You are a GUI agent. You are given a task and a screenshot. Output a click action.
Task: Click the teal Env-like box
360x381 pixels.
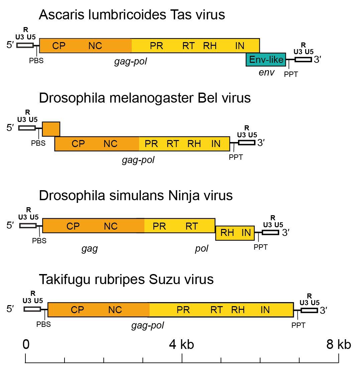click(x=266, y=60)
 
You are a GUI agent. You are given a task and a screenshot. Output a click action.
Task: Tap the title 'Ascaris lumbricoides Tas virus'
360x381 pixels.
click(x=132, y=15)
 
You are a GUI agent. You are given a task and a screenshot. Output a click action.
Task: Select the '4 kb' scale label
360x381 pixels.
click(x=182, y=344)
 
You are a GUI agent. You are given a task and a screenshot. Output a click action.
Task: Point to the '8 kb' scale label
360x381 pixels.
click(x=339, y=344)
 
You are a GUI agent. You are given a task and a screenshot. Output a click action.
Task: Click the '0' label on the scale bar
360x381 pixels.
click(x=26, y=344)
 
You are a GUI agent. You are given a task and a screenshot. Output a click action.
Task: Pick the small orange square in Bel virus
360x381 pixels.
click(x=51, y=129)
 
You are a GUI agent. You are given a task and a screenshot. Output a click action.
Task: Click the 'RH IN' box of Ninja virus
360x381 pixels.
click(x=235, y=233)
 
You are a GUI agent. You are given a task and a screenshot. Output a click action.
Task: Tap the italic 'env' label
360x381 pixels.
click(x=266, y=73)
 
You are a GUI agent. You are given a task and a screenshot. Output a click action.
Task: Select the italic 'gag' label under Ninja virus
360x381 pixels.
click(x=90, y=248)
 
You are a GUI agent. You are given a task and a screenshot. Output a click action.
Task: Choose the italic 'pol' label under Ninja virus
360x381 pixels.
click(x=202, y=248)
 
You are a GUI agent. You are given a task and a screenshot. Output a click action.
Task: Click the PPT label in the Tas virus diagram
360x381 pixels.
click(x=291, y=75)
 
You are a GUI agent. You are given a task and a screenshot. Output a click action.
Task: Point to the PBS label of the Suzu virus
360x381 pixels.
click(x=43, y=324)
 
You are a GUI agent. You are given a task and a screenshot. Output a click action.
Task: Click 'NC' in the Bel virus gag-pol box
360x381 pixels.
click(x=110, y=144)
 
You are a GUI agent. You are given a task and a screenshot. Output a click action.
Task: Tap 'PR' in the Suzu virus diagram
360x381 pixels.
click(x=183, y=310)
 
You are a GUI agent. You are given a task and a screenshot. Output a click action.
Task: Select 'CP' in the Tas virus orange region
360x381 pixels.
click(x=59, y=46)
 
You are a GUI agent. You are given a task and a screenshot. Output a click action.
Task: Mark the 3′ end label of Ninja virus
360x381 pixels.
click(x=285, y=233)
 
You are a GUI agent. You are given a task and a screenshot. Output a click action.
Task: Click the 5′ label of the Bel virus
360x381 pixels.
click(x=10, y=128)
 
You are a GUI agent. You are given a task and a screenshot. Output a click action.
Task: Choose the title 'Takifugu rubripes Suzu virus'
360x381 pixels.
click(x=126, y=279)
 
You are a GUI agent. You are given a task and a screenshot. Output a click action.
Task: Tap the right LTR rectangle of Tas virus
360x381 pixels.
click(x=303, y=59)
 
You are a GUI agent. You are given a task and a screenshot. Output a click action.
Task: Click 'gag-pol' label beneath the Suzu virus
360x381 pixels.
click(x=147, y=325)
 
